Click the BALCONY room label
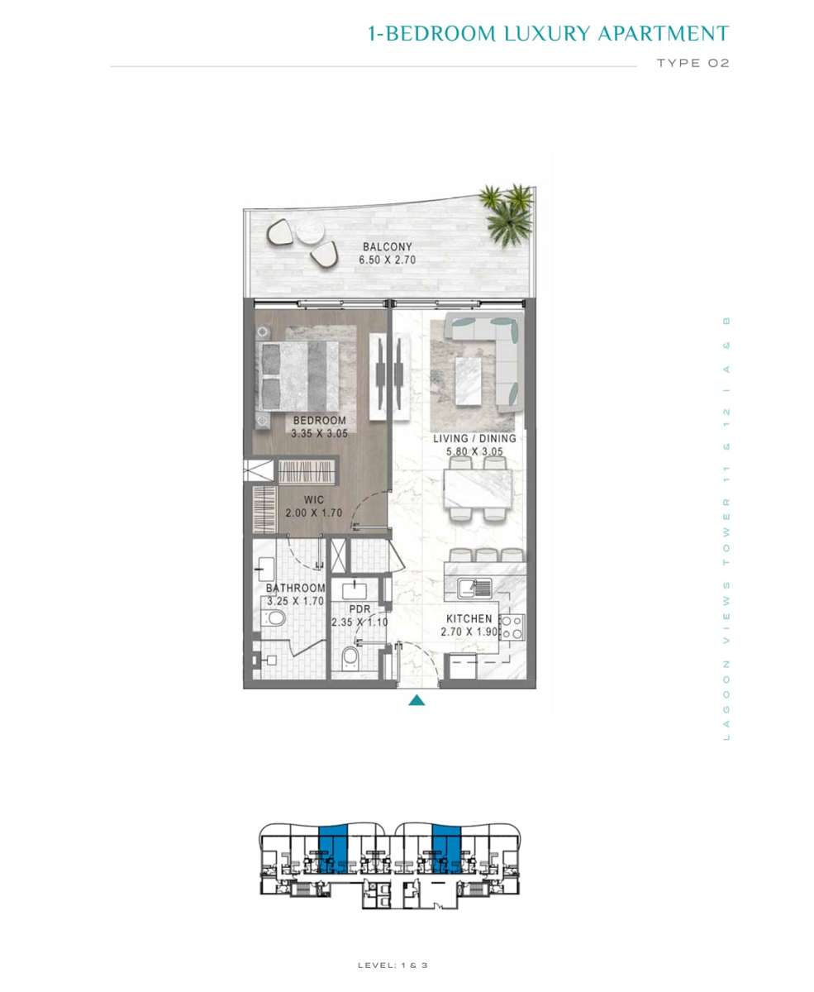(387, 246)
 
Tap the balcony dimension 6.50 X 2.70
(387, 260)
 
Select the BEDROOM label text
(319, 421)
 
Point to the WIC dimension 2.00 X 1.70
(314, 513)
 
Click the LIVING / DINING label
(474, 438)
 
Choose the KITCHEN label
(469, 619)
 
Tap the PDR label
(359, 609)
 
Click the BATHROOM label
(295, 588)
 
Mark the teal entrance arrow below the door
(417, 701)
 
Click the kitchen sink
(474, 588)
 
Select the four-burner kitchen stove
(512, 627)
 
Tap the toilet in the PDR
(350, 656)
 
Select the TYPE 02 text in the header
(693, 63)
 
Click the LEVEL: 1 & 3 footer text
(393, 966)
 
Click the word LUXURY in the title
(547, 34)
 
